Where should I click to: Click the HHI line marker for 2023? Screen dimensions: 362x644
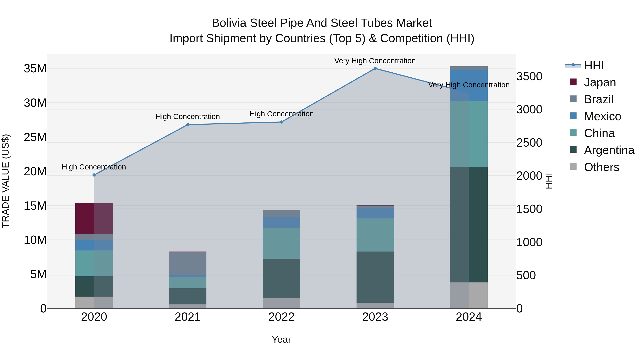(x=375, y=68)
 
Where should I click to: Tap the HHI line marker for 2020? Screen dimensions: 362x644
(x=94, y=175)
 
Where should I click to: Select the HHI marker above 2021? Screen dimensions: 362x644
(x=188, y=125)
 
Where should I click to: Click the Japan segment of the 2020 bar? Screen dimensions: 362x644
(x=94, y=219)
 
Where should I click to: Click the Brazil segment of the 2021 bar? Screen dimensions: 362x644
(x=188, y=263)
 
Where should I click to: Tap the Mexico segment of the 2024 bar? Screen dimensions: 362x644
(x=469, y=85)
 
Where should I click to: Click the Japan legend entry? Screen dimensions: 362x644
(x=599, y=82)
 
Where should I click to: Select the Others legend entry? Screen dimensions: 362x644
(x=601, y=167)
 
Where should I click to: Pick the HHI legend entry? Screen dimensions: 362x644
(x=594, y=65)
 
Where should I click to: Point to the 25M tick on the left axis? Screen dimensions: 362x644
(x=35, y=137)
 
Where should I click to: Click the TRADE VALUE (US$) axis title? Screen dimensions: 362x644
(x=6, y=181)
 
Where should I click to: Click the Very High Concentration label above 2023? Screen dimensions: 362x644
(x=375, y=61)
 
